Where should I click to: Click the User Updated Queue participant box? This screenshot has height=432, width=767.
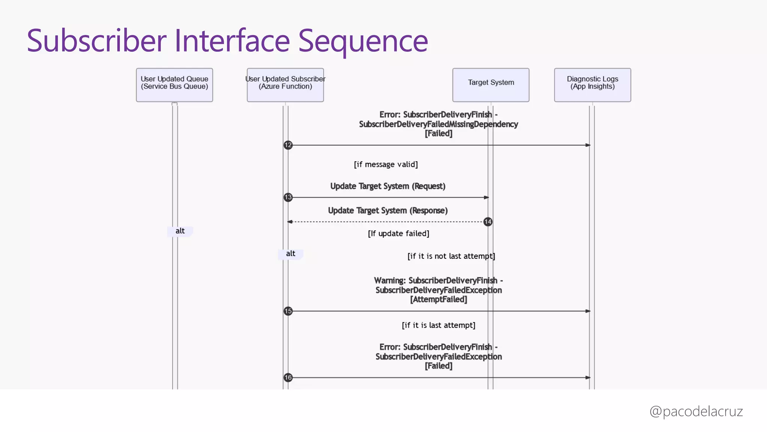pyautogui.click(x=174, y=85)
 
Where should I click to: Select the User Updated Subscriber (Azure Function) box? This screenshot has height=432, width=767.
pyautogui.click(x=285, y=85)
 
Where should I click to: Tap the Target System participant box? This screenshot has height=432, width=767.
pyautogui.click(x=491, y=85)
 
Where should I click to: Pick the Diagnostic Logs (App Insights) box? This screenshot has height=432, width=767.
pyautogui.click(x=592, y=85)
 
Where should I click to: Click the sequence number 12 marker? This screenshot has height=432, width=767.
pyautogui.click(x=288, y=145)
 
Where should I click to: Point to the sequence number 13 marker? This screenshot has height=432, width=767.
pyautogui.click(x=288, y=197)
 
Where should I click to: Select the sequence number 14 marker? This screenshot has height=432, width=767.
pyautogui.click(x=488, y=222)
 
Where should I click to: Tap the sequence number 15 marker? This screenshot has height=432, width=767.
pyautogui.click(x=288, y=311)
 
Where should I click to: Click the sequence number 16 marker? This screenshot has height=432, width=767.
pyautogui.click(x=288, y=378)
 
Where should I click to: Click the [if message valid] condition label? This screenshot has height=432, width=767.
pyautogui.click(x=386, y=164)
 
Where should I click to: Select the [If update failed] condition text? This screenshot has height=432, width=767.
pyautogui.click(x=398, y=233)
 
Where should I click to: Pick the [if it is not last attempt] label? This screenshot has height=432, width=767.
pyautogui.click(x=451, y=256)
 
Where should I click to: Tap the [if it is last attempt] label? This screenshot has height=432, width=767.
pyautogui.click(x=438, y=325)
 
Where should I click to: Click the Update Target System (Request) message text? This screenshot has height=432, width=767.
pyautogui.click(x=388, y=186)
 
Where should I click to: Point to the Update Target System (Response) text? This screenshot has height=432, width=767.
pyautogui.click(x=388, y=210)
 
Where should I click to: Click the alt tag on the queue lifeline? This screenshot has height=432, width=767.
pyautogui.click(x=180, y=231)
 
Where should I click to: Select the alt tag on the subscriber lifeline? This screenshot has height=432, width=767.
pyautogui.click(x=291, y=254)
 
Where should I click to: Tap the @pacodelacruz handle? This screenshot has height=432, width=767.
pyautogui.click(x=696, y=411)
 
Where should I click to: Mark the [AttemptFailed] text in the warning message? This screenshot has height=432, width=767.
pyautogui.click(x=438, y=299)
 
